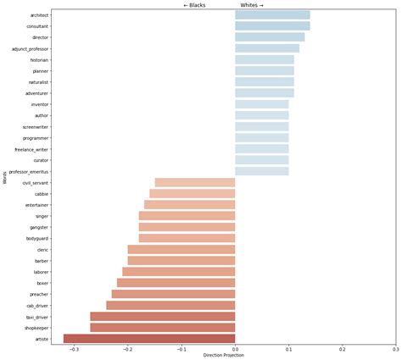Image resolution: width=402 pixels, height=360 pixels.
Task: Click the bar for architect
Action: [x=272, y=15]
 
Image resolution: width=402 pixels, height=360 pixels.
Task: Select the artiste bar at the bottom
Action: [x=149, y=338]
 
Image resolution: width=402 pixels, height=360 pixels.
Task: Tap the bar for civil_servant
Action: [x=194, y=182]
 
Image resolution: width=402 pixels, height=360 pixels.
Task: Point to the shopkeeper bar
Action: [x=162, y=327]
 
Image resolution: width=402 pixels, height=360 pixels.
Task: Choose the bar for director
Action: [x=270, y=37]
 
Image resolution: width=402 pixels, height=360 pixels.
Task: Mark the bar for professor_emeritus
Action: [x=261, y=171]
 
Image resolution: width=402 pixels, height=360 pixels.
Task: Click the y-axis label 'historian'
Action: [x=39, y=60]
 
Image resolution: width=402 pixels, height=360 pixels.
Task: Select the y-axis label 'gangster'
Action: [x=38, y=227]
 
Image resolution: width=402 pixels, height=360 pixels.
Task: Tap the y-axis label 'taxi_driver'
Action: [x=36, y=316]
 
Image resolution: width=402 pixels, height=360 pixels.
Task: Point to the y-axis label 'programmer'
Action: [x=36, y=138]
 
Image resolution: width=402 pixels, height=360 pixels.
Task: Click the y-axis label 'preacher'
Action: [x=38, y=294]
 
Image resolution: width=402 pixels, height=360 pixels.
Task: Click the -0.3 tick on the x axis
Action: [x=75, y=349]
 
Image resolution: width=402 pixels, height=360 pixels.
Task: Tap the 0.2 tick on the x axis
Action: [x=342, y=349]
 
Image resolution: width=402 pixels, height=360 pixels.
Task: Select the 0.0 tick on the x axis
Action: [x=235, y=349]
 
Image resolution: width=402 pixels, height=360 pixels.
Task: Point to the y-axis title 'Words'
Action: [x=4, y=177]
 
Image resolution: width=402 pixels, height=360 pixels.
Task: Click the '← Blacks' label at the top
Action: [x=194, y=5]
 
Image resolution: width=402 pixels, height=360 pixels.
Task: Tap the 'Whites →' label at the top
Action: [x=252, y=5]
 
